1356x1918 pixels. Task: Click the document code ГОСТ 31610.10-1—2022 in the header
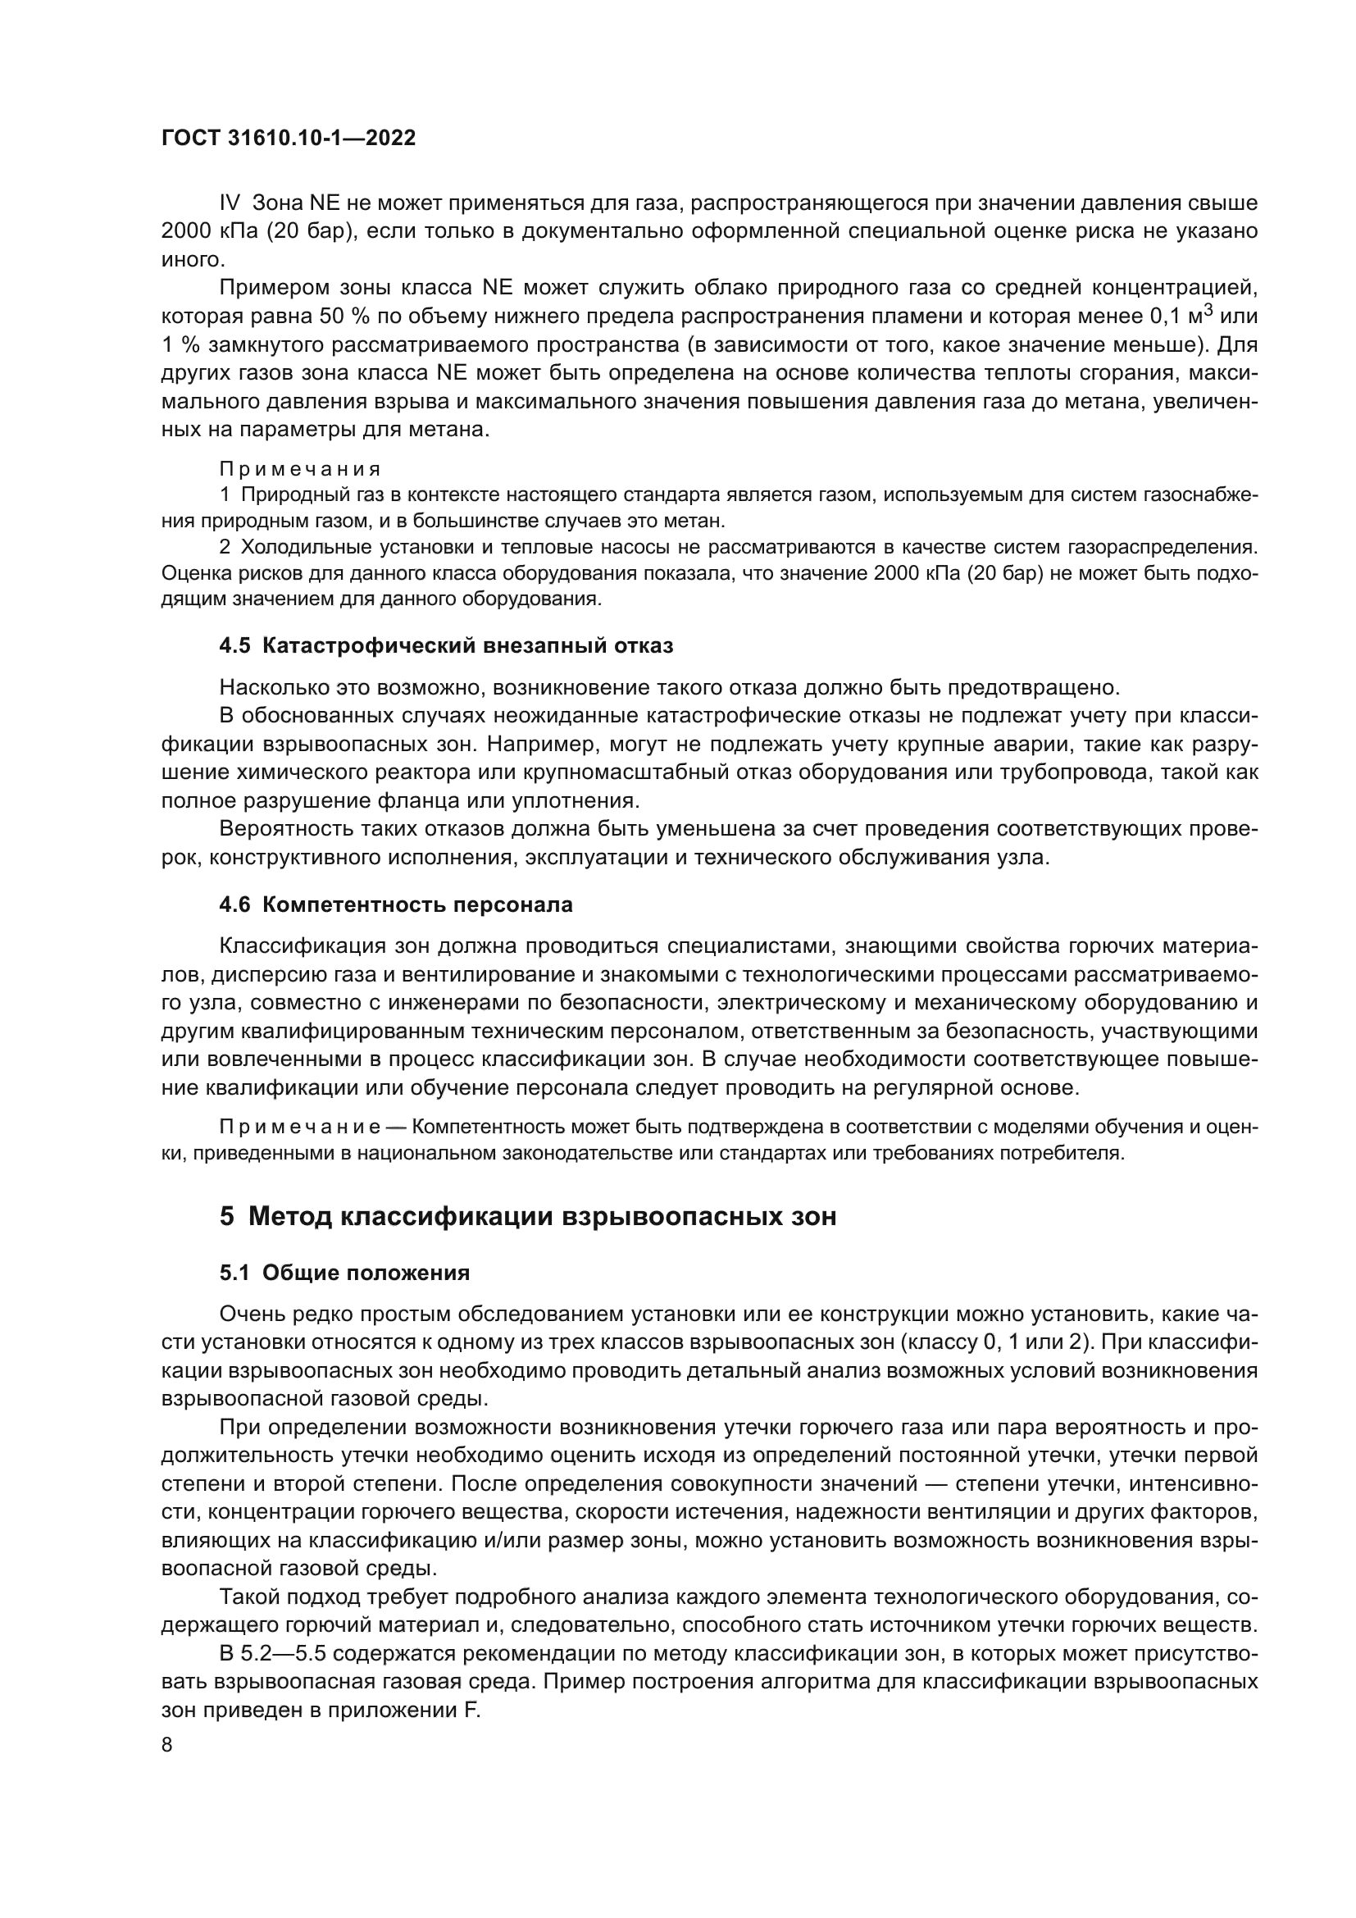tap(288, 139)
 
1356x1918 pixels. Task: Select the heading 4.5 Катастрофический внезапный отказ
tap(446, 645)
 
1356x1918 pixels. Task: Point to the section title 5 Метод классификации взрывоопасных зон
tap(528, 1215)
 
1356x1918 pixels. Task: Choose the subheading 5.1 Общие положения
tap(344, 1273)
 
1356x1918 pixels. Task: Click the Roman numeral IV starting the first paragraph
tap(230, 203)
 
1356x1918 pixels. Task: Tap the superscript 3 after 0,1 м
tap(1208, 311)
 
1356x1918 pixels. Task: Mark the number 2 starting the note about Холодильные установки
tap(225, 547)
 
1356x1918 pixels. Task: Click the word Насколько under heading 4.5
tap(271, 687)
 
